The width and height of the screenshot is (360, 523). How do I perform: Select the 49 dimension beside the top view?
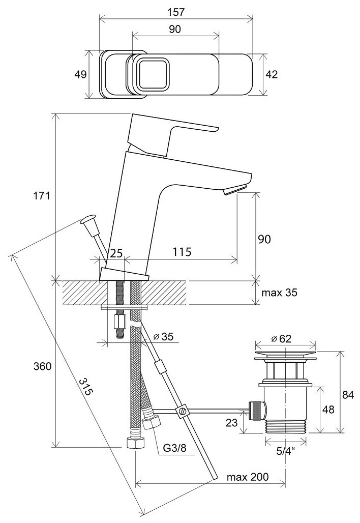[80, 74]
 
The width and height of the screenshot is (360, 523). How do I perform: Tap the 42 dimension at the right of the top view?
[272, 74]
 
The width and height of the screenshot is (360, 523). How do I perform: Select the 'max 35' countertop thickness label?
[279, 293]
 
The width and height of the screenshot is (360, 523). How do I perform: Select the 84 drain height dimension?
[347, 395]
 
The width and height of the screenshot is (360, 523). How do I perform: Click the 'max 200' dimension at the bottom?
[248, 477]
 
